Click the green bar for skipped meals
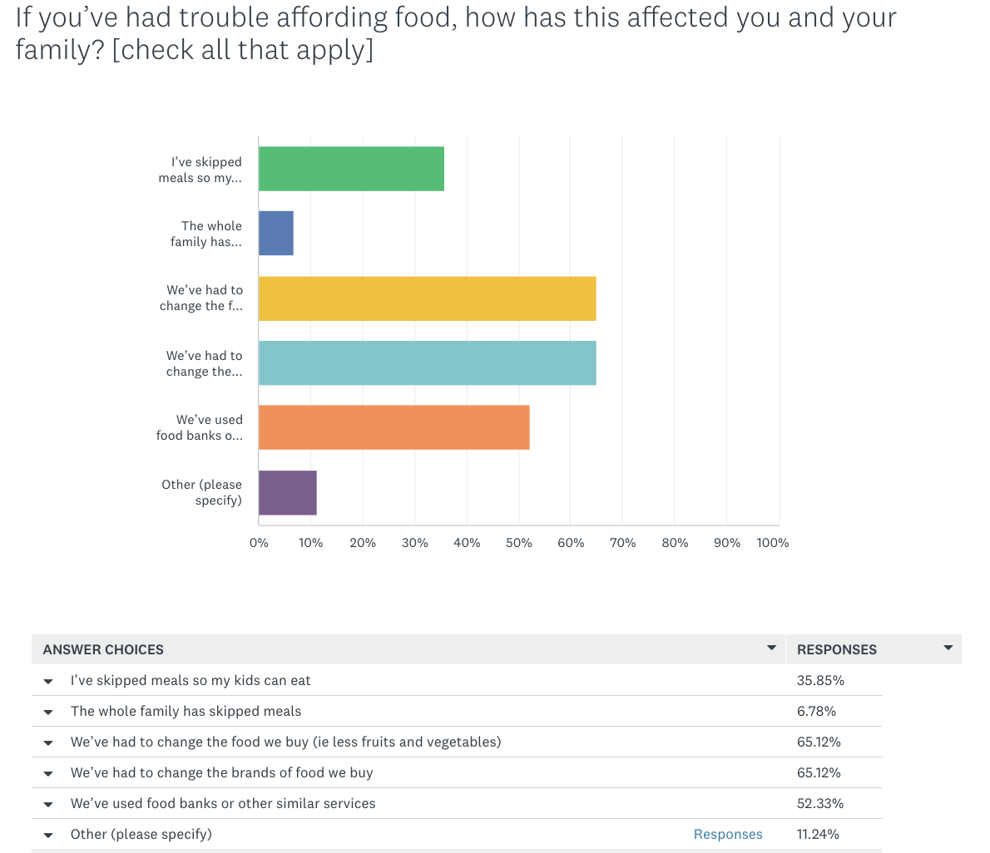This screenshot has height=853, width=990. coord(351,169)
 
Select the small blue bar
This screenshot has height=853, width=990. coord(276,233)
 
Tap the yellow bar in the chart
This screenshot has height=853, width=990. coord(427,298)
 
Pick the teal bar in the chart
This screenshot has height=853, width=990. coord(427,362)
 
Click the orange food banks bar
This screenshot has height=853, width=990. coord(394,427)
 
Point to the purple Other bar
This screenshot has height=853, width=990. coord(288,492)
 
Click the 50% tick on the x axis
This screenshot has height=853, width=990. coord(518,543)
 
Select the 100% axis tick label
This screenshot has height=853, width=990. coord(772,543)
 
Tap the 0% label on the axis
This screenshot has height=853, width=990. coord(259,543)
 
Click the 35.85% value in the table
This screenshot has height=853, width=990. coord(820,680)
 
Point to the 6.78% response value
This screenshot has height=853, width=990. coord(816,711)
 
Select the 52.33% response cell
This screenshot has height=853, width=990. coord(820,803)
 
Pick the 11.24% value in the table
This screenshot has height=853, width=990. coord(818,834)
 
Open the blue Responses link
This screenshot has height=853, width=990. coord(728,834)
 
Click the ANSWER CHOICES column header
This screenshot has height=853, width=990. coord(103,649)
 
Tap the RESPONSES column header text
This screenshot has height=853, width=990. coord(837,649)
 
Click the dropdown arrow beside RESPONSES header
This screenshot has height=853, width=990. coord(948,648)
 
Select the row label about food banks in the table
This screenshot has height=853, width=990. coord(223,803)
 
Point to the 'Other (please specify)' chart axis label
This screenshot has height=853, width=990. coord(202,492)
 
